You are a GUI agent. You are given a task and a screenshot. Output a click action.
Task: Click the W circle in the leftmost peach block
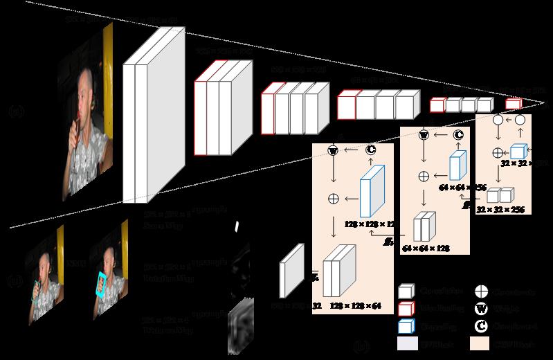click(x=332, y=150)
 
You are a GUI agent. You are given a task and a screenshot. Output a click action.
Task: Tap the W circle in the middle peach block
click(x=424, y=134)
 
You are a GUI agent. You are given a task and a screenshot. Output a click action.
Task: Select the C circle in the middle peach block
click(x=457, y=134)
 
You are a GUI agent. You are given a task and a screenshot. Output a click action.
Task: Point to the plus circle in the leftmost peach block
click(x=332, y=199)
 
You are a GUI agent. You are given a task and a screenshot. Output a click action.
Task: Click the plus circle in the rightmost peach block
click(x=497, y=151)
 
